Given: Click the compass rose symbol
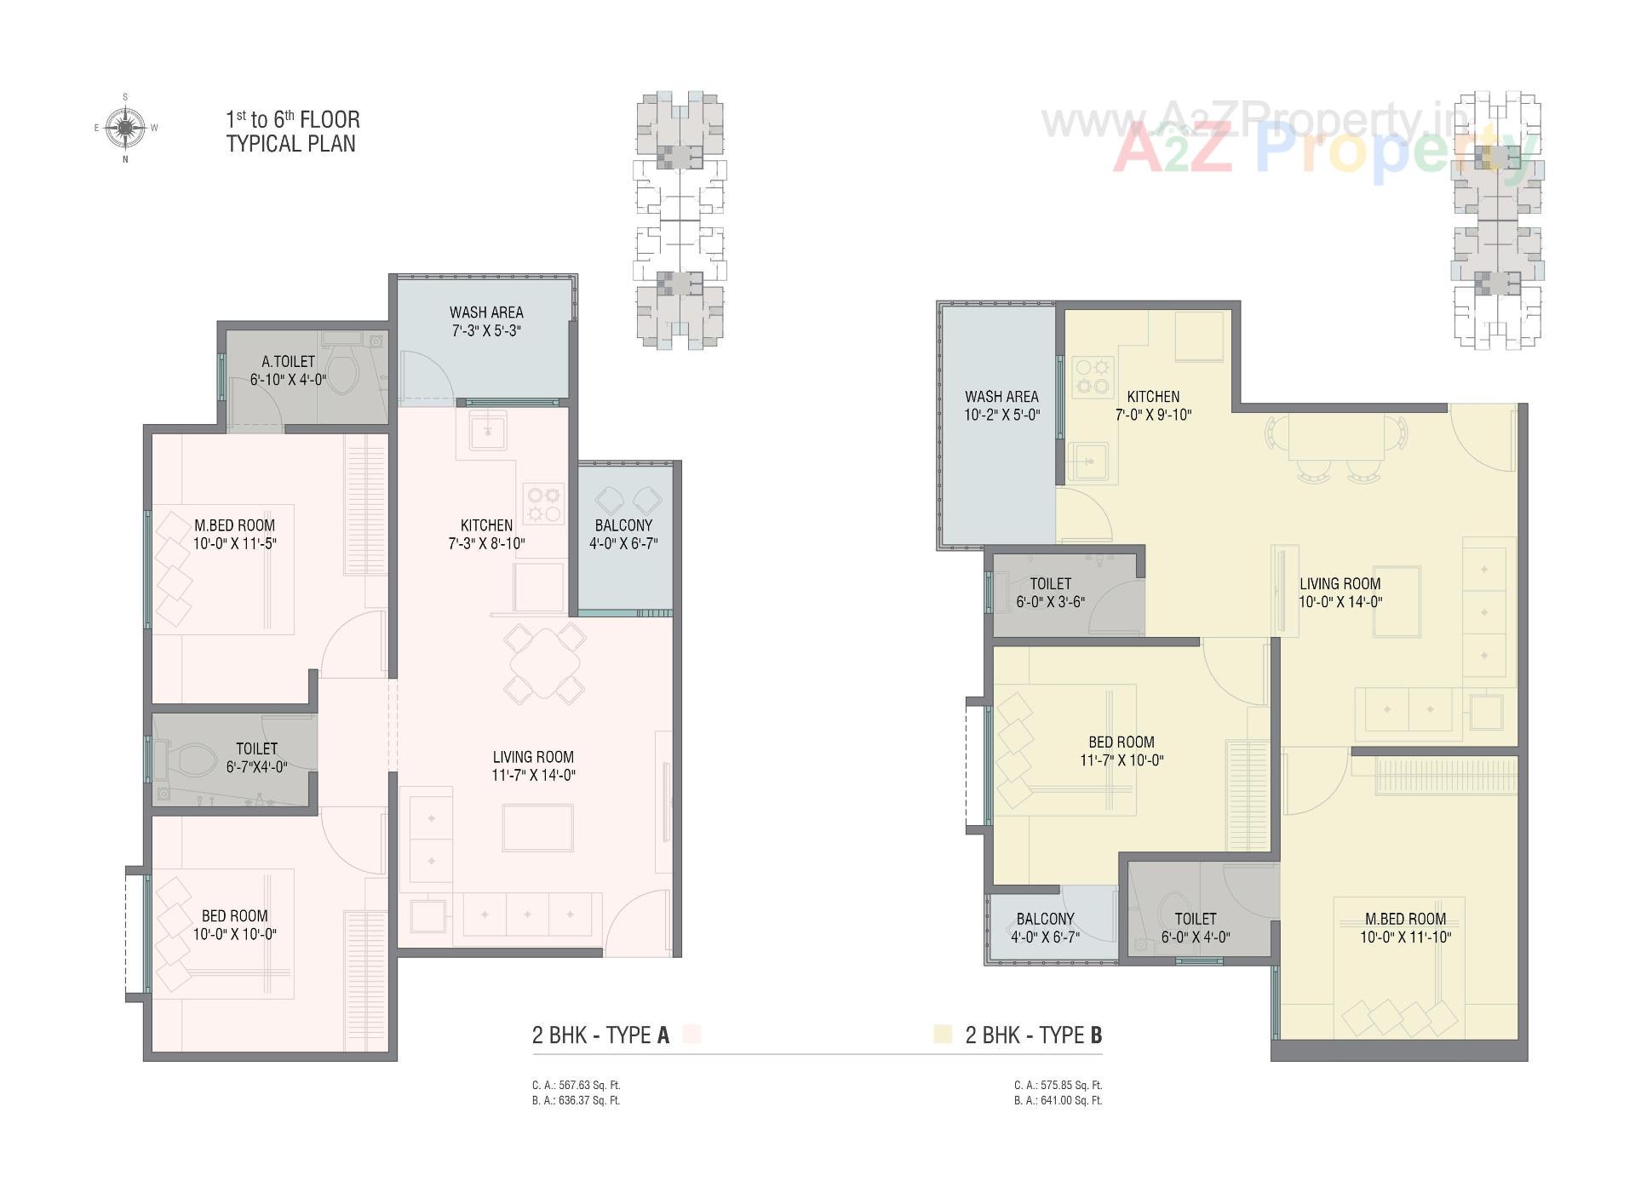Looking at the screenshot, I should [x=125, y=128].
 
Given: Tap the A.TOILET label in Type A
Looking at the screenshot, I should [x=288, y=362].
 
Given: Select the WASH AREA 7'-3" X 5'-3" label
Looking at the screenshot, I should [x=486, y=321].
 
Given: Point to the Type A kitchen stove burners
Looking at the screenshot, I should [x=544, y=503].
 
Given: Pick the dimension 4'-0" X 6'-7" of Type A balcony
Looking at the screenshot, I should [x=623, y=544].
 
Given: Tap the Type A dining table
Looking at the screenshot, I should [x=545, y=662].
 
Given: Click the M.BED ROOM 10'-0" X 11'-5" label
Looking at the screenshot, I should [x=234, y=535].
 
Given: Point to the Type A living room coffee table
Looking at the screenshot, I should [x=537, y=827].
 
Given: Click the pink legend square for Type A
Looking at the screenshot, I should [x=691, y=1035].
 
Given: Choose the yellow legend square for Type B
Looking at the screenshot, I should [x=942, y=1035].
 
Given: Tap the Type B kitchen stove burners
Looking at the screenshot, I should [x=1093, y=376].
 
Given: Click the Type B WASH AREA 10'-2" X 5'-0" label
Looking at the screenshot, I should [x=1001, y=405].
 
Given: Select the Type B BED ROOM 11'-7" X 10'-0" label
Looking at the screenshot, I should [x=1122, y=751].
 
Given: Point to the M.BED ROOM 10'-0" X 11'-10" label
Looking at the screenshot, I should [x=1405, y=928].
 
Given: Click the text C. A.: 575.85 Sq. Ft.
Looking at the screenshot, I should [x=1058, y=1086].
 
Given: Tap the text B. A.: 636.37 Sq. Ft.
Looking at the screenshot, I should [x=576, y=1100].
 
